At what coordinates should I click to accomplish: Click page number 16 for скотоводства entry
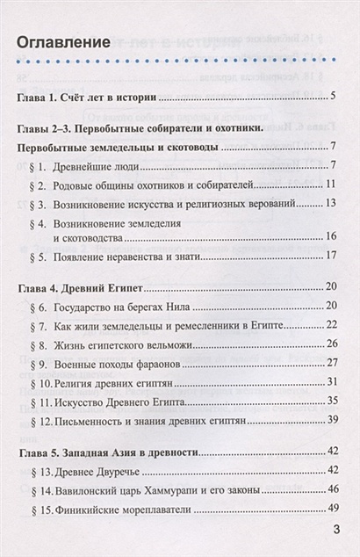[332, 236]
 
